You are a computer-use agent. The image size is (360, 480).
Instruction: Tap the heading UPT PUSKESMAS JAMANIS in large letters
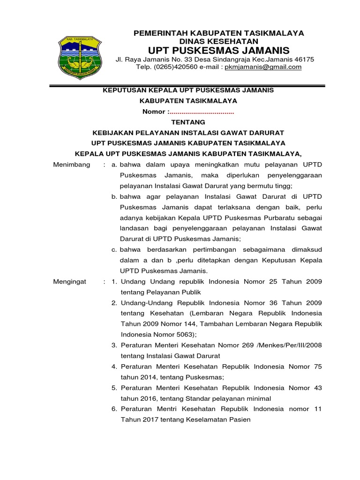(219, 50)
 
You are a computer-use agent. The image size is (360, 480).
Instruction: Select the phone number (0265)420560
(178, 67)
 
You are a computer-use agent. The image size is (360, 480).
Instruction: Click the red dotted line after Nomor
(202, 112)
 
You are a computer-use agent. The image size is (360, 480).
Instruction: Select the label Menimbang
(71, 165)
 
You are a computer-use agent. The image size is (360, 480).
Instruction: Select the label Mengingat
(70, 282)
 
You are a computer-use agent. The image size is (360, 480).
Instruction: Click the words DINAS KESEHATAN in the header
(219, 41)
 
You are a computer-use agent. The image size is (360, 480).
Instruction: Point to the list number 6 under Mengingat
(114, 409)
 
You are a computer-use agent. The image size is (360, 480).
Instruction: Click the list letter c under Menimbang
(114, 249)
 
